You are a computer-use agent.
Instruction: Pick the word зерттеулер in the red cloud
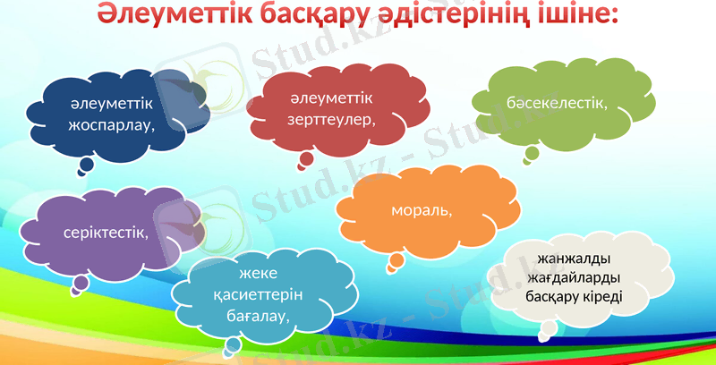tap(329, 118)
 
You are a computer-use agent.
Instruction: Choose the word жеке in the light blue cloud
tap(259, 275)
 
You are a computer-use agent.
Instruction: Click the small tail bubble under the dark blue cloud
tap(86, 165)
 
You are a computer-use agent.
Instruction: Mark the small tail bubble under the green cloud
tap(532, 154)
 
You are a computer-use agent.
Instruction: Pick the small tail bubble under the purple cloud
tap(81, 283)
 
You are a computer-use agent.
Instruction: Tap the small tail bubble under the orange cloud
tap(395, 261)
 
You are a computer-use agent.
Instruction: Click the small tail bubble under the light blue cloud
tap(233, 344)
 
